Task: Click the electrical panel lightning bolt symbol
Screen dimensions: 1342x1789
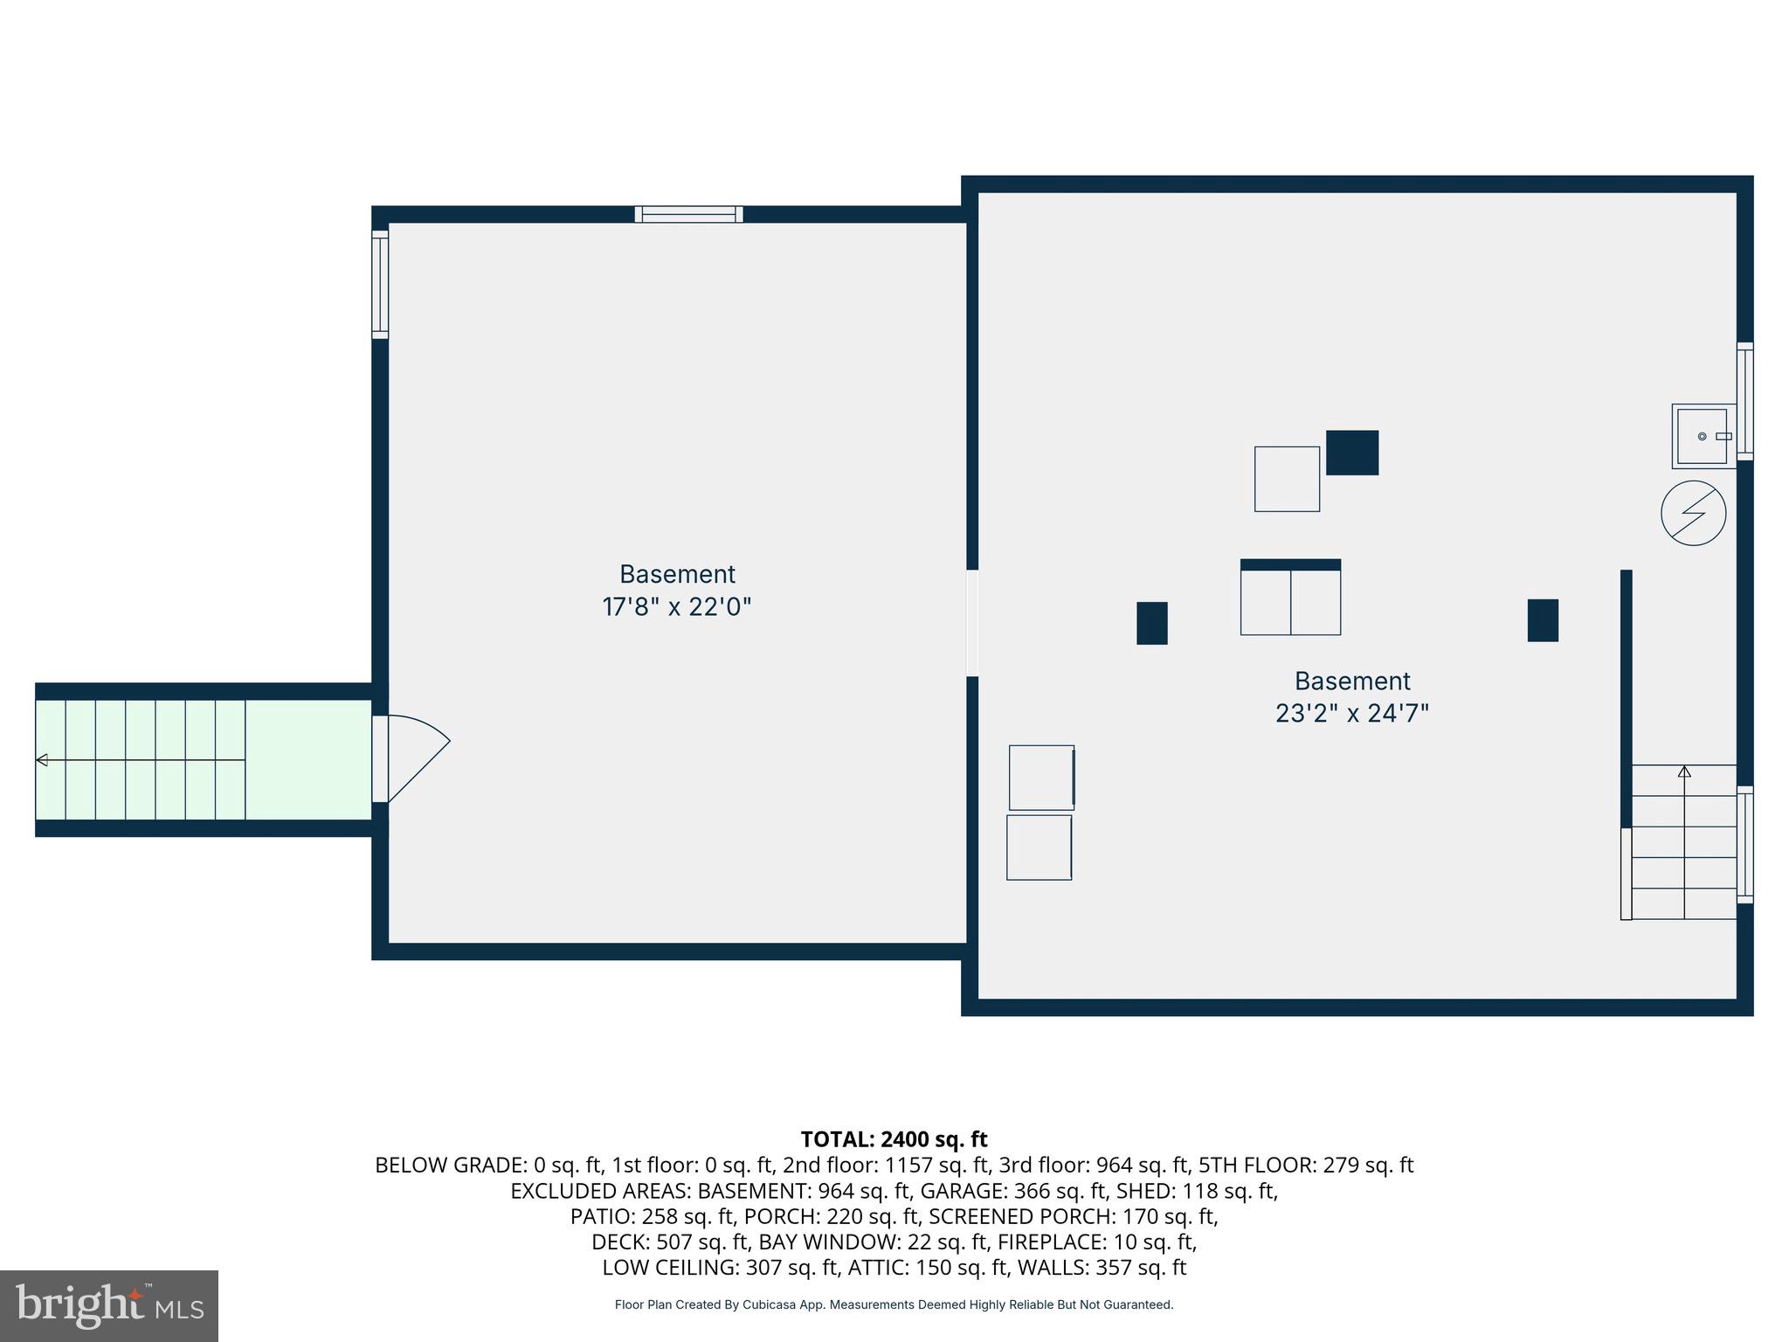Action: coord(1693,513)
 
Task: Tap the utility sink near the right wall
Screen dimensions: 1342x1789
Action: coord(1702,436)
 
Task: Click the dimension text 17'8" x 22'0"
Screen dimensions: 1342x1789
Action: coord(676,606)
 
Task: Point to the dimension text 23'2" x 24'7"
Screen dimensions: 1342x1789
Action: coord(1351,714)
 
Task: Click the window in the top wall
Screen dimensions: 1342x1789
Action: coord(688,214)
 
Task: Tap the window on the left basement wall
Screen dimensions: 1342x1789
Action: coord(380,284)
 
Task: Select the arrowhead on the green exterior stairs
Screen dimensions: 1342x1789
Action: coord(42,760)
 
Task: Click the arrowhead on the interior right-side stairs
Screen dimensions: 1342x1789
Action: coord(1684,771)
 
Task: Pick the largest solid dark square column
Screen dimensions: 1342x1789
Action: coord(1351,453)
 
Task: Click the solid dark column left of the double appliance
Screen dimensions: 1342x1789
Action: coord(1151,623)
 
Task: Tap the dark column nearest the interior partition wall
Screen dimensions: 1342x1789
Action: coord(1543,620)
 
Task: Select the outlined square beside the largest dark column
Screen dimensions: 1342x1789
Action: coord(1287,479)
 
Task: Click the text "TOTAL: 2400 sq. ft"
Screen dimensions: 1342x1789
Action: coord(894,1139)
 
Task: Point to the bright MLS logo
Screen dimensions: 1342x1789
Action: coord(109,1306)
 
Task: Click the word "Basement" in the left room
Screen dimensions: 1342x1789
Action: coord(677,574)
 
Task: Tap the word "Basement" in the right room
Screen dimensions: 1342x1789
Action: coord(1352,681)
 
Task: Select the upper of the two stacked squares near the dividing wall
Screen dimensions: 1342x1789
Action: coord(1041,778)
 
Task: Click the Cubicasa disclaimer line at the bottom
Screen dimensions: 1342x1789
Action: coord(894,1304)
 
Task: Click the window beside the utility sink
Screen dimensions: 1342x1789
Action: coord(1744,401)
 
